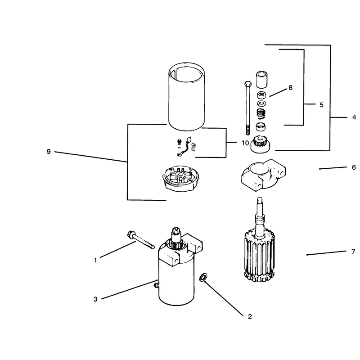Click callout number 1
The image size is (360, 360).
[x=95, y=261]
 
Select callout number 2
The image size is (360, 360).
[x=250, y=316]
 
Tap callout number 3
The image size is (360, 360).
[x=95, y=299]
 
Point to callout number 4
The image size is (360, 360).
[x=354, y=117]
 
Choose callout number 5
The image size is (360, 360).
[x=321, y=105]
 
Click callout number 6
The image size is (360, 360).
[x=354, y=167]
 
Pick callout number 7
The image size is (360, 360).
[x=353, y=252]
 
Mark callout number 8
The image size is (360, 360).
[x=290, y=88]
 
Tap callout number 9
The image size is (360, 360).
[x=49, y=152]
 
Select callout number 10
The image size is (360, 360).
[x=245, y=143]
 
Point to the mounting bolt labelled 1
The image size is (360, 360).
[x=140, y=240]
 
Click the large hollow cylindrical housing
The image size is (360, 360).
[x=186, y=96]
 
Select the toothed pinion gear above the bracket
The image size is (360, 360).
[x=261, y=144]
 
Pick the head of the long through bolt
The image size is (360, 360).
[x=248, y=84]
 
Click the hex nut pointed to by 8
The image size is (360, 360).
[x=261, y=94]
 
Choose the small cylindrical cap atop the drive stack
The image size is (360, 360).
[x=261, y=80]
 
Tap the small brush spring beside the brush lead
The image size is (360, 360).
[x=194, y=147]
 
